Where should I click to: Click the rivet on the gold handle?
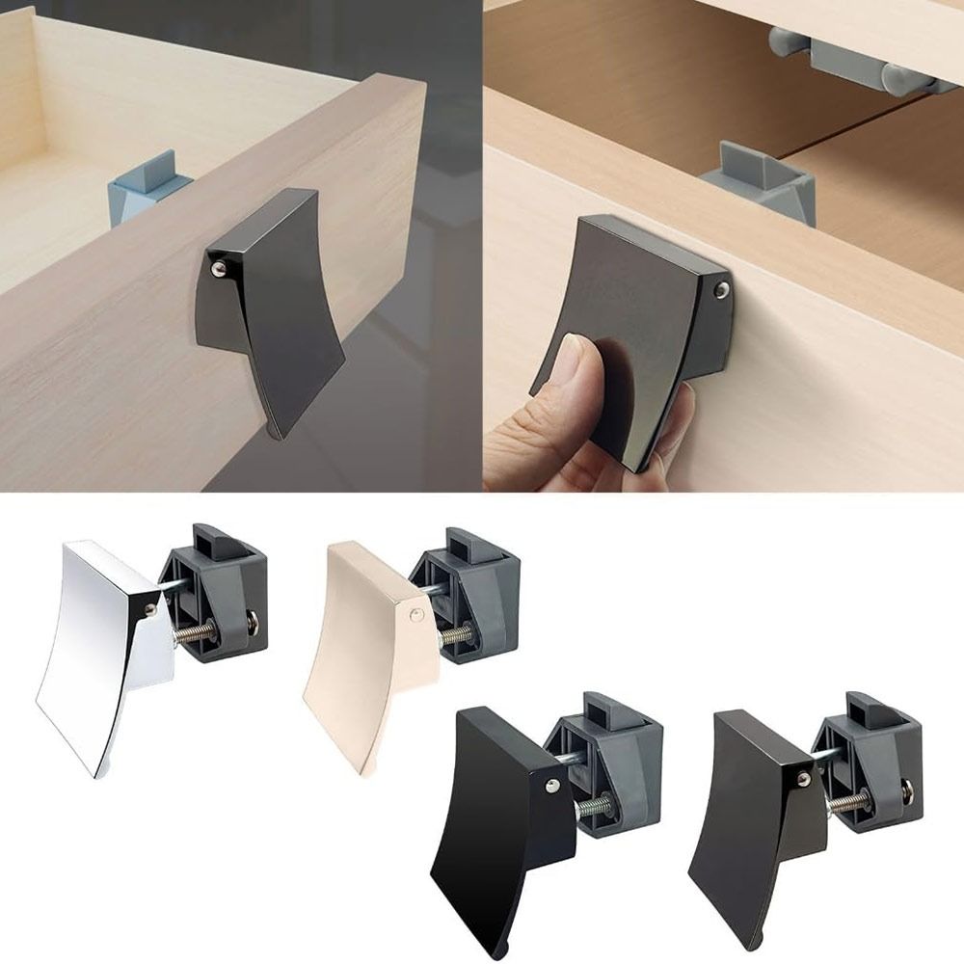(413, 612)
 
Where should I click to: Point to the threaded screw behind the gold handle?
(458, 636)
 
